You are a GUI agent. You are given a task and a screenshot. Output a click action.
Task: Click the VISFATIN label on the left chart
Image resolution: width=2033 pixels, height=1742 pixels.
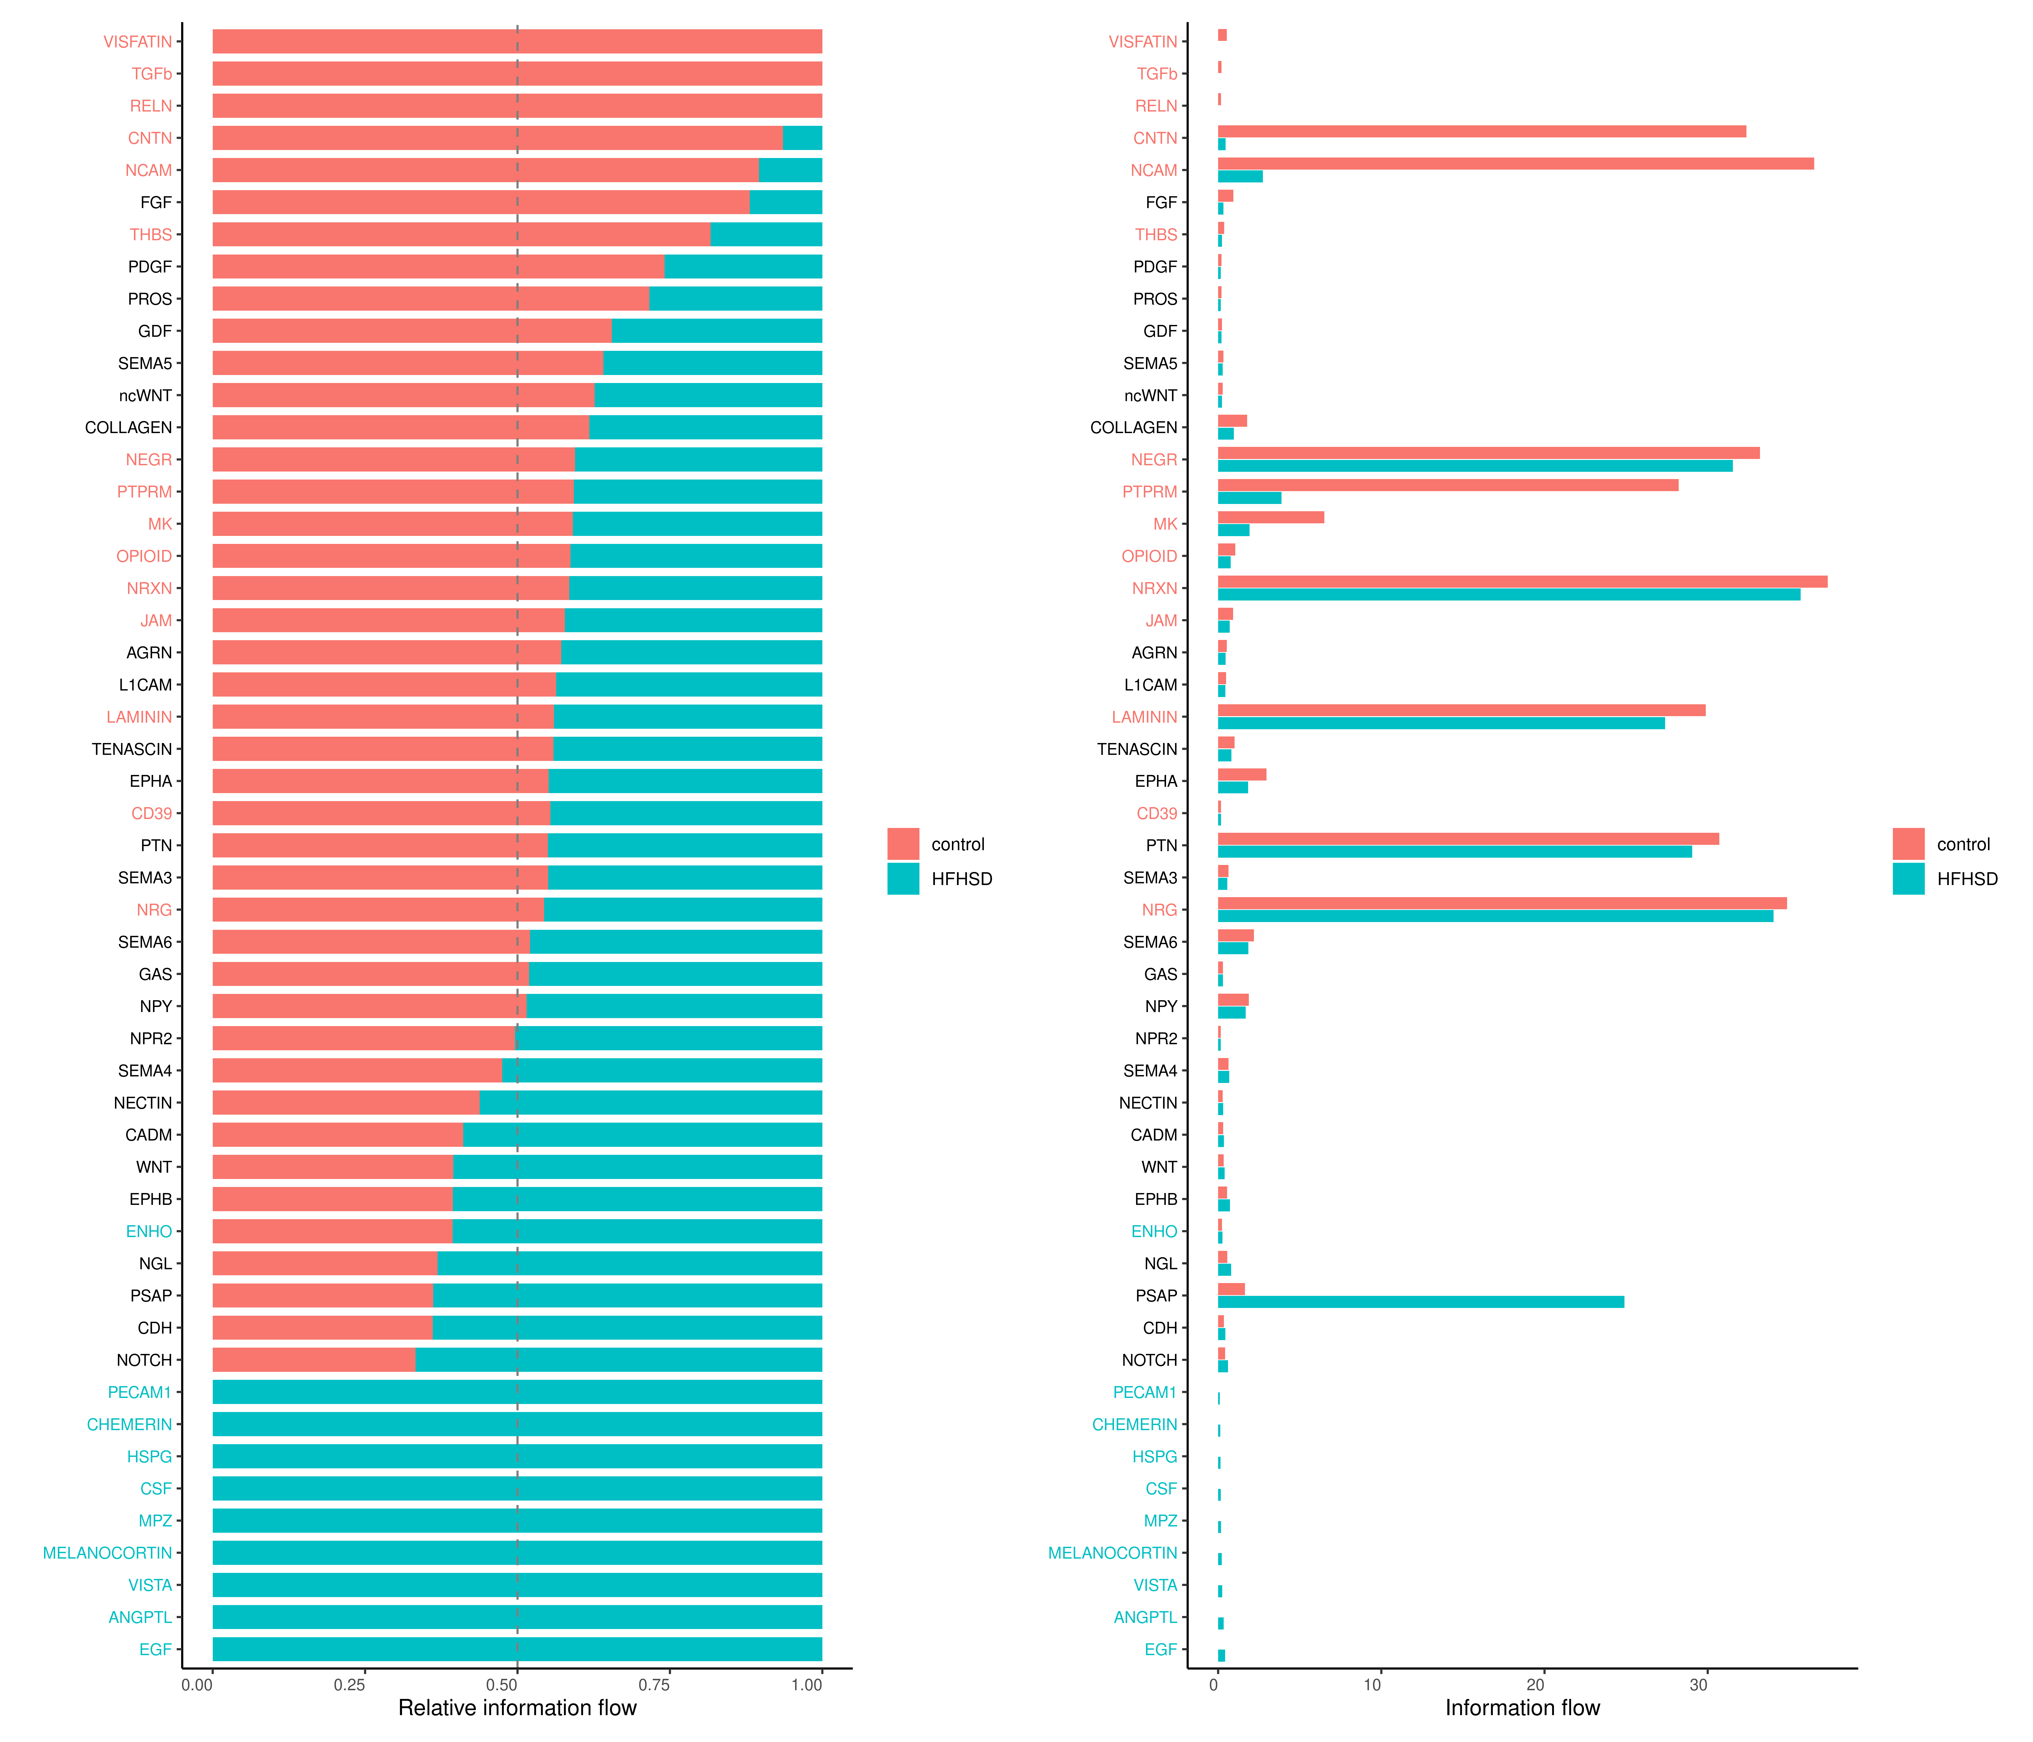(137, 41)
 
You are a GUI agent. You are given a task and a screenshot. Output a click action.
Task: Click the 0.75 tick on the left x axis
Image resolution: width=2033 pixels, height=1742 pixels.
(654, 1684)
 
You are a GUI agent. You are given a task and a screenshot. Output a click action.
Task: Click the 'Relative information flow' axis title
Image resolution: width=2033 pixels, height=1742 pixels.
(517, 1708)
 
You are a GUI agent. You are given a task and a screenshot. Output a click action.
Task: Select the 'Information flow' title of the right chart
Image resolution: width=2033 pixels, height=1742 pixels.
(1522, 1708)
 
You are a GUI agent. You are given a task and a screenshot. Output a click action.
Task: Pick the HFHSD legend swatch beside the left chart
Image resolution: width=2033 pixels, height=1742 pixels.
(903, 879)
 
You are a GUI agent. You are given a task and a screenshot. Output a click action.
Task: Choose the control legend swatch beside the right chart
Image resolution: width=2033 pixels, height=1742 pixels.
(1908, 843)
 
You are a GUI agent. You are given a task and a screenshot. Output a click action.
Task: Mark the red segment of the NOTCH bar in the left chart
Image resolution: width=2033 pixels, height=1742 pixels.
(314, 1359)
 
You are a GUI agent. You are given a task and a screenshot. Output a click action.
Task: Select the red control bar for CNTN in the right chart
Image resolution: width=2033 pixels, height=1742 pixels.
(1482, 131)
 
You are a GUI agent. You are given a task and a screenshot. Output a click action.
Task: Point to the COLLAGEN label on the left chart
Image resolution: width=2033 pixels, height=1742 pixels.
(129, 428)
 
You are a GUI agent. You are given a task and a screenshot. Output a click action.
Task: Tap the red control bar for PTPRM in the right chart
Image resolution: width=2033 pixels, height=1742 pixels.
(1447, 485)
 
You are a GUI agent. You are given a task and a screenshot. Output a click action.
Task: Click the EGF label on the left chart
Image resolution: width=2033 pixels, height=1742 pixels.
(155, 1649)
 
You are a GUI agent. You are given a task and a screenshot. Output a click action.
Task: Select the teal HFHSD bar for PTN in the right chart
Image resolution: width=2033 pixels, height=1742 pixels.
(1454, 851)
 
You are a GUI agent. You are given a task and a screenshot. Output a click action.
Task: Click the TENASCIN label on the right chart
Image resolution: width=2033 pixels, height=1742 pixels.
(1136, 749)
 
